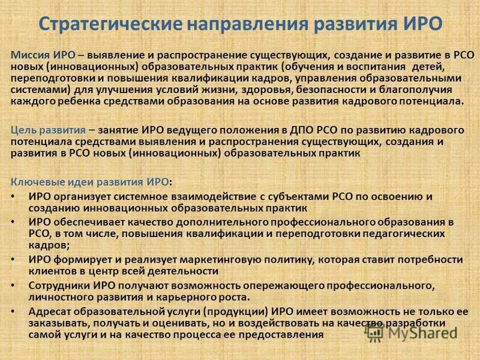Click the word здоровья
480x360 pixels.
[x=266, y=90]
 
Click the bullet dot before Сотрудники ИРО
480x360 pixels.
[x=14, y=286]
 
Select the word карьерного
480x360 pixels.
[x=190, y=297]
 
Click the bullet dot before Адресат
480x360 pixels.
[x=14, y=311]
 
